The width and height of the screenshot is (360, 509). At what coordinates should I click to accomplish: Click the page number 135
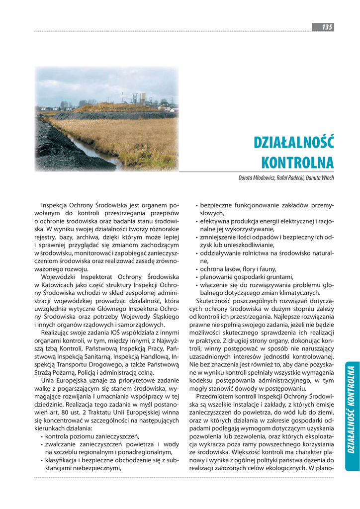tap(327, 27)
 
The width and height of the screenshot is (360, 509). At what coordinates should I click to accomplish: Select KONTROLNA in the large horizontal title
tap(297, 163)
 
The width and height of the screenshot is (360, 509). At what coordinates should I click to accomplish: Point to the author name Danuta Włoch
tap(319, 177)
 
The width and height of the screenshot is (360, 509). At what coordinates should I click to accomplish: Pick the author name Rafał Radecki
tap(287, 177)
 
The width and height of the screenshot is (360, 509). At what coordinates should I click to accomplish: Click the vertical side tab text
tap(351, 409)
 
